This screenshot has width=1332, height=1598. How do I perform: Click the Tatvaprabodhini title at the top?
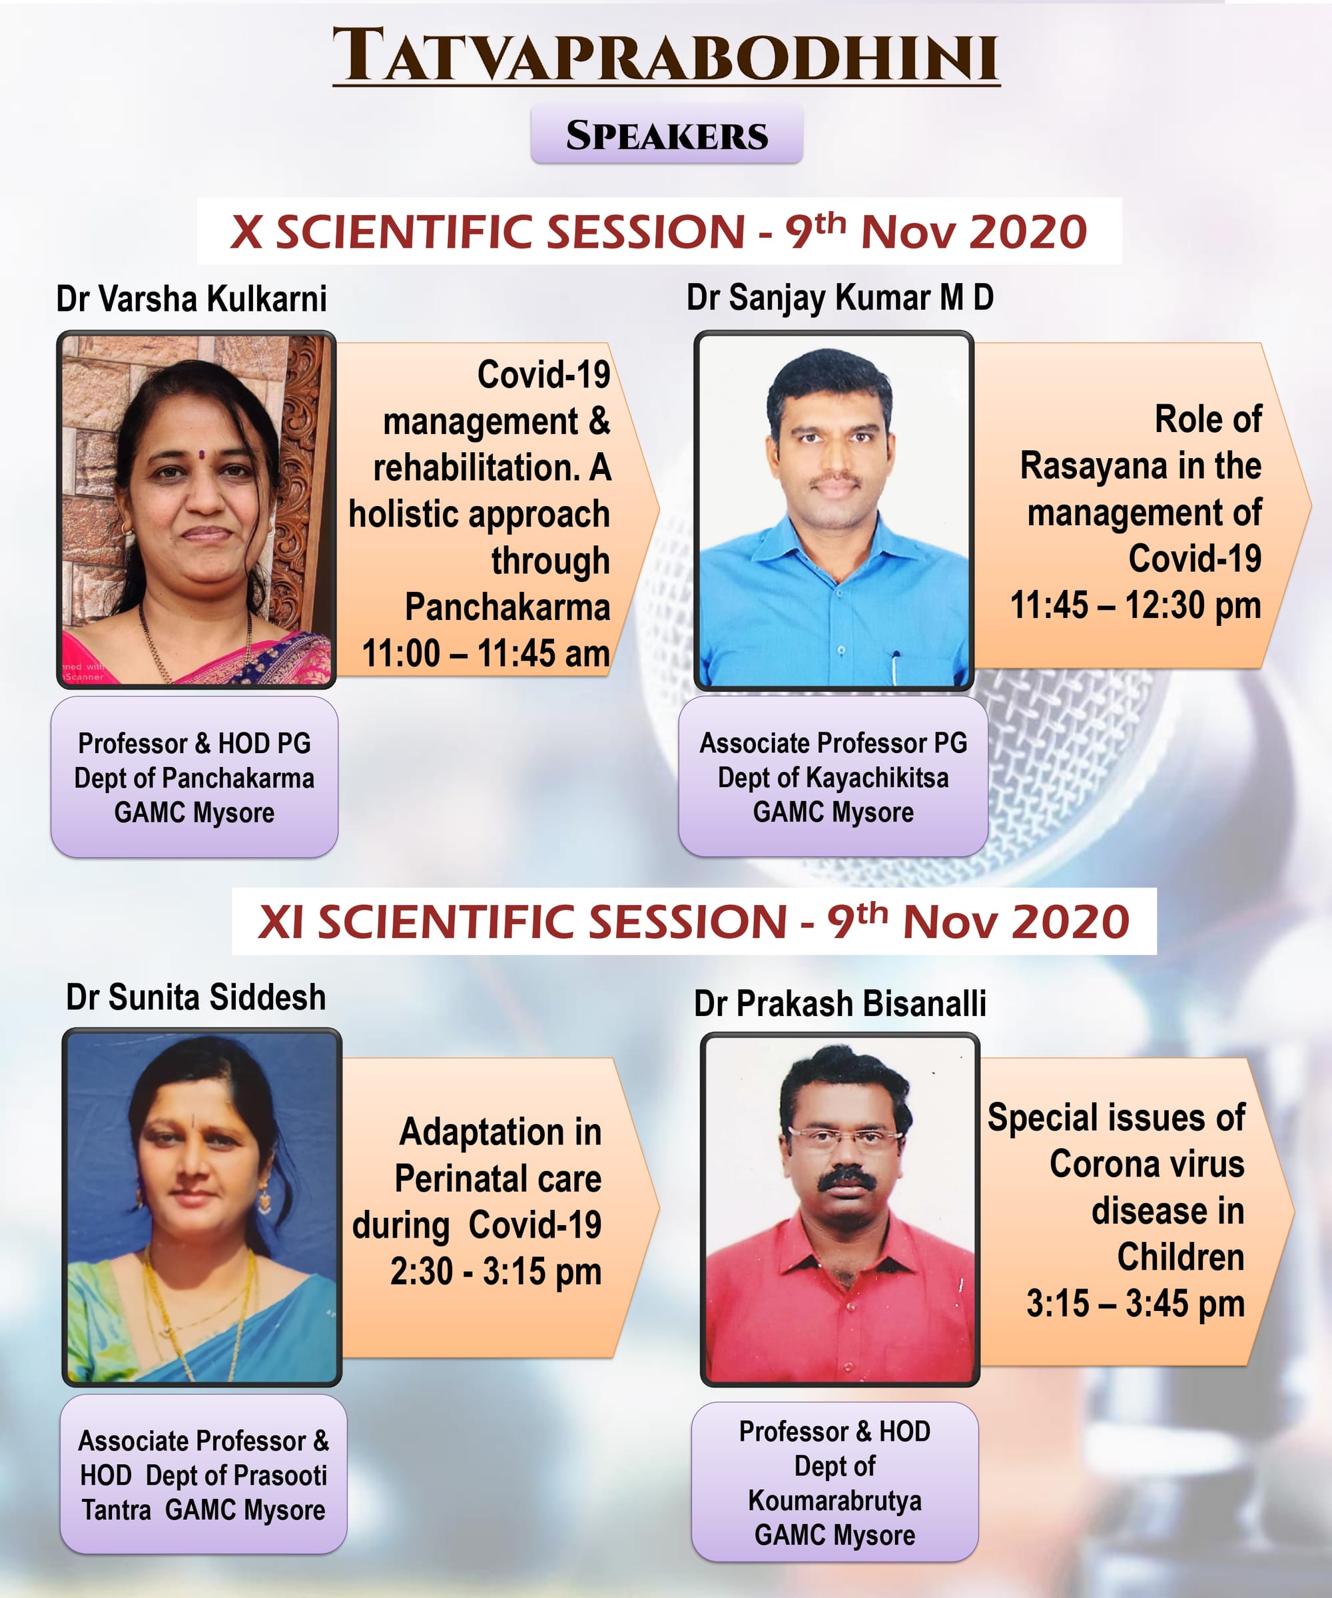[666, 55]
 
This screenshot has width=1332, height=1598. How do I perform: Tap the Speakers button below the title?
[667, 134]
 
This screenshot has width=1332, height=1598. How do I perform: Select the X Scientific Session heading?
[659, 231]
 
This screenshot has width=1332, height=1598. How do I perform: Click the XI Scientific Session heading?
[693, 922]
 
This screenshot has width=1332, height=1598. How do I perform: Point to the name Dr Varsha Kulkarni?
[192, 298]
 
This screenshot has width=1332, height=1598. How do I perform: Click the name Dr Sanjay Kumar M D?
[840, 298]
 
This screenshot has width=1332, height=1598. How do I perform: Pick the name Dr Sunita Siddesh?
[196, 997]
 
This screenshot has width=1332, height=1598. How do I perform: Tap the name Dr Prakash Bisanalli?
[840, 1003]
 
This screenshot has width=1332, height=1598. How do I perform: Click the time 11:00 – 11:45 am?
[486, 654]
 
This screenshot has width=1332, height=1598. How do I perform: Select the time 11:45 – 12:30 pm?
[1136, 606]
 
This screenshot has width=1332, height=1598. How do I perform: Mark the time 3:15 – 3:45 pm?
[1136, 1304]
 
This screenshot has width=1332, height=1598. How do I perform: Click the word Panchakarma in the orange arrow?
[507, 607]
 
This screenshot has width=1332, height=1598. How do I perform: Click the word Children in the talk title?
[1181, 1257]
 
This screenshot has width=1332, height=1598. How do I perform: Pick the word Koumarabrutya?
[835, 1501]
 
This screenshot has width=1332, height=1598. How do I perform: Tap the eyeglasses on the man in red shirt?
[845, 1139]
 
